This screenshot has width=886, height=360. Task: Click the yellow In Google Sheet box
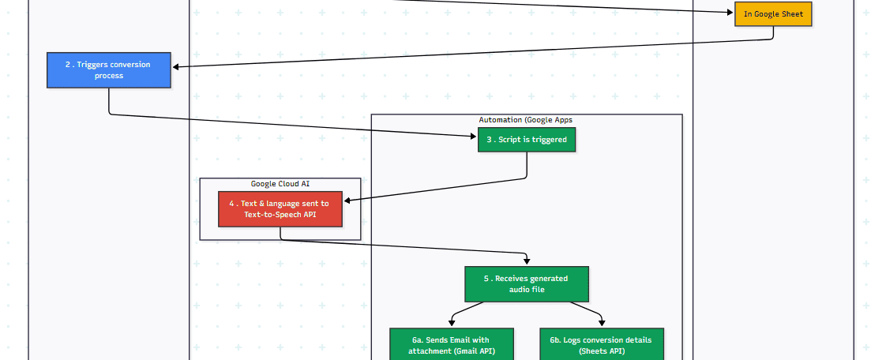pyautogui.click(x=773, y=14)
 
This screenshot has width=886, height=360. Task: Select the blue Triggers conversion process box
pyautogui.click(x=109, y=70)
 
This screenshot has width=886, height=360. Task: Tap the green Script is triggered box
pyautogui.click(x=527, y=140)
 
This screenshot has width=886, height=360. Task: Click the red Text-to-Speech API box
pyautogui.click(x=280, y=209)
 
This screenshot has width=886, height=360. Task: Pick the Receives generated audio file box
pyautogui.click(x=527, y=284)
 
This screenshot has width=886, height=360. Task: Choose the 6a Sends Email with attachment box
pyautogui.click(x=451, y=345)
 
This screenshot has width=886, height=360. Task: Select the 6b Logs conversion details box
pyautogui.click(x=601, y=345)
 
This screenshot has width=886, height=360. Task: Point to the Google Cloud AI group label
pyautogui.click(x=280, y=184)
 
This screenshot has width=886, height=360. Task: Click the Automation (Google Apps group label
pyautogui.click(x=526, y=120)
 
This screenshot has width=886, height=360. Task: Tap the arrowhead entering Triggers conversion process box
pyautogui.click(x=175, y=67)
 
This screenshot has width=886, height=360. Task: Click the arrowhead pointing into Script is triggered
pyautogui.click(x=473, y=137)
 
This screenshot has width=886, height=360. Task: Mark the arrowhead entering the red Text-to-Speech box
pyautogui.click(x=347, y=201)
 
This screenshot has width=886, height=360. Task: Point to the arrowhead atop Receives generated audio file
pyautogui.click(x=527, y=261)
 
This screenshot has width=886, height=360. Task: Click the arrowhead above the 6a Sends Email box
pyautogui.click(x=451, y=323)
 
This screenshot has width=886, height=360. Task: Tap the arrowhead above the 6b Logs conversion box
pyautogui.click(x=601, y=323)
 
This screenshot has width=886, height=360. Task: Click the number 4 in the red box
pyautogui.click(x=231, y=204)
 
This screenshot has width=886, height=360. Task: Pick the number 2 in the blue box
pyautogui.click(x=68, y=65)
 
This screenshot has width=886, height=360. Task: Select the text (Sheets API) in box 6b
pyautogui.click(x=601, y=351)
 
